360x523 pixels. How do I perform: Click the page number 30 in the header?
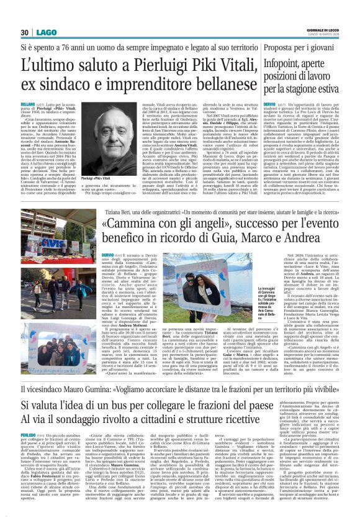click(x=25, y=32)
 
